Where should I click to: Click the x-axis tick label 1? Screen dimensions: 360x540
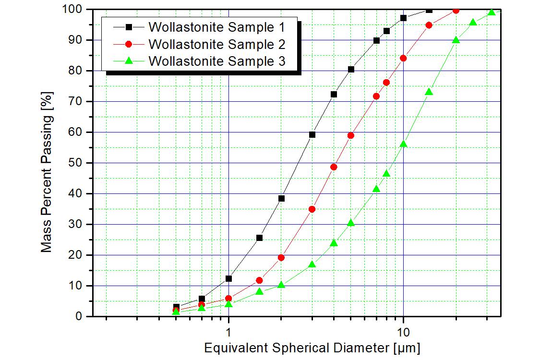228,331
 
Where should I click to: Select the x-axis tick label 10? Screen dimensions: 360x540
403,331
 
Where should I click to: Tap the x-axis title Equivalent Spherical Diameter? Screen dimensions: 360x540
312,348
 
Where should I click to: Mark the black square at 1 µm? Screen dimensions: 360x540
228,278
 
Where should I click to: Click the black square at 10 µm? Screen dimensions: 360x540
403,18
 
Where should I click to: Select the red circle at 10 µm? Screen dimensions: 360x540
403,58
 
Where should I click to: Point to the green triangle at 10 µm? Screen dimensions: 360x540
403,144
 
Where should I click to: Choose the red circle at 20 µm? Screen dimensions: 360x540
456,10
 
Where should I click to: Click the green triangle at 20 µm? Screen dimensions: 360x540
456,40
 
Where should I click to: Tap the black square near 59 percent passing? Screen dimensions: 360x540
312,134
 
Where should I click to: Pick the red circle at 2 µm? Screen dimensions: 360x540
281,258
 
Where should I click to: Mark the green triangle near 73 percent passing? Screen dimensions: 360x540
429,92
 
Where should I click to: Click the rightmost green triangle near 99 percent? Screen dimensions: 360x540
491,12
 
